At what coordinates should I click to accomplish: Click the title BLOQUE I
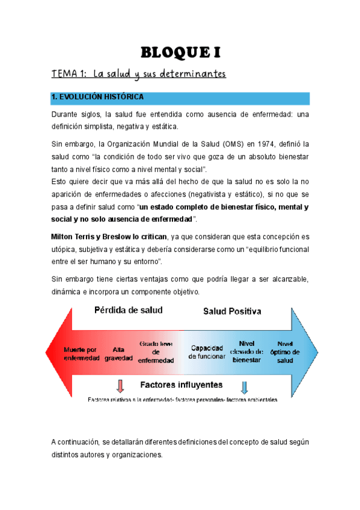pyautogui.click(x=180, y=52)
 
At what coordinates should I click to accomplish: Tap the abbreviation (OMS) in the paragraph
pyautogui.click(x=219, y=144)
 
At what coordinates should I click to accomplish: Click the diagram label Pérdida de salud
pyautogui.click(x=128, y=311)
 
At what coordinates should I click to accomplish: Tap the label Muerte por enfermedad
pyautogui.click(x=82, y=353)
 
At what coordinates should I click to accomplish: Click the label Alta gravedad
pyautogui.click(x=119, y=353)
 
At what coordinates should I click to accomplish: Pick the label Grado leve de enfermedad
pyautogui.click(x=156, y=352)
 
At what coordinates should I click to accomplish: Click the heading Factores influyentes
pyautogui.click(x=181, y=384)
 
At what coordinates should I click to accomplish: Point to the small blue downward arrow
pyautogui.click(x=245, y=386)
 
